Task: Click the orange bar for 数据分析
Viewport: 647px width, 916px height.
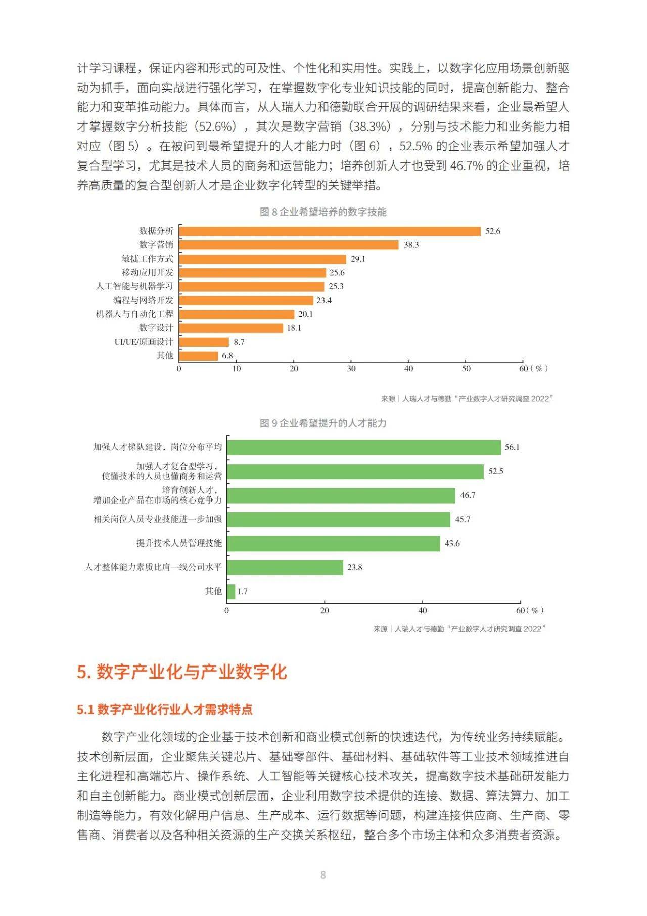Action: pyautogui.click(x=330, y=231)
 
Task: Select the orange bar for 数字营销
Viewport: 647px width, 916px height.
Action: pyautogui.click(x=289, y=245)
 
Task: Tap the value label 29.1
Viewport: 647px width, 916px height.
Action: pyautogui.click(x=358, y=259)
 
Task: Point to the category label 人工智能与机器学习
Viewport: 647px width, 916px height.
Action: pyautogui.click(x=134, y=286)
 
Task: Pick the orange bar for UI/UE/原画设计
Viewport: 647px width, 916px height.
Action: pyautogui.click(x=204, y=342)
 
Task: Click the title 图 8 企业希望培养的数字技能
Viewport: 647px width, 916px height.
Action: pyautogui.click(x=323, y=212)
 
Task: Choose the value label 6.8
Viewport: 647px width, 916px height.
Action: pyautogui.click(x=227, y=356)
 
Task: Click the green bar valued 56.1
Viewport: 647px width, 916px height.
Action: pyautogui.click(x=364, y=447)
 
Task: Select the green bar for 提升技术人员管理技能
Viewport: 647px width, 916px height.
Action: pyautogui.click(x=334, y=544)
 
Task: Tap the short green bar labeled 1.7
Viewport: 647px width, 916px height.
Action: pyautogui.click(x=232, y=592)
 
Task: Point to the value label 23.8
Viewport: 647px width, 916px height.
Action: pyautogui.click(x=354, y=568)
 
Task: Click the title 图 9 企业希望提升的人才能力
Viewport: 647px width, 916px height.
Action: pyautogui.click(x=323, y=423)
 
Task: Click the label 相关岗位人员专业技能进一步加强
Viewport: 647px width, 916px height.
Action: pyautogui.click(x=158, y=519)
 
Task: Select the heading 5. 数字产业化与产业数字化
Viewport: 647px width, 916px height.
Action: pyautogui.click(x=182, y=672)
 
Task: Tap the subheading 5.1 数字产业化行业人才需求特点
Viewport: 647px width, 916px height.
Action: pyautogui.click(x=165, y=710)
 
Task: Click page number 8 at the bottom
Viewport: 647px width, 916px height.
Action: pyautogui.click(x=323, y=875)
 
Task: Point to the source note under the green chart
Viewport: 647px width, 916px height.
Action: pyautogui.click(x=459, y=629)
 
